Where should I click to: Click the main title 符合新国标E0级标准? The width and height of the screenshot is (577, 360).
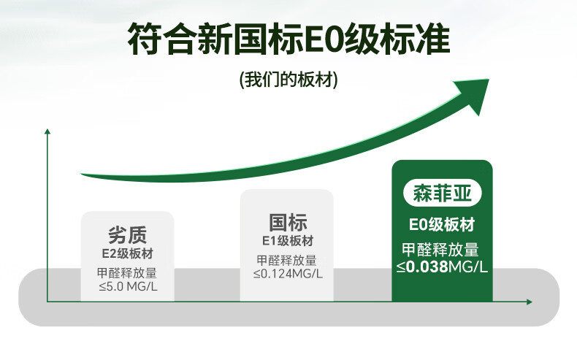(x=289, y=39)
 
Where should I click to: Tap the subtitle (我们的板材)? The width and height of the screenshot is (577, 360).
(x=288, y=80)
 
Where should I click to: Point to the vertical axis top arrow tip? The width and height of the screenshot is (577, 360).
(x=47, y=129)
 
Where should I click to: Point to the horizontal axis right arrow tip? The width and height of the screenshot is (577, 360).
(x=532, y=302)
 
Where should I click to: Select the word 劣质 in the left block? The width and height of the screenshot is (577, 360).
(x=127, y=235)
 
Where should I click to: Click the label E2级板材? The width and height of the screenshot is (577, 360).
(x=127, y=253)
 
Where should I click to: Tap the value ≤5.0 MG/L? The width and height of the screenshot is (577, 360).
(x=128, y=286)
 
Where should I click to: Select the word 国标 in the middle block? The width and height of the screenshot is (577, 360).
(x=287, y=223)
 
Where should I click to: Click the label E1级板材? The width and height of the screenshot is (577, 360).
(x=287, y=241)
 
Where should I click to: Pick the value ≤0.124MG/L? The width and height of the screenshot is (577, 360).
(x=288, y=274)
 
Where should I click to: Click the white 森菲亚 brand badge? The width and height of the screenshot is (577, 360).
(x=442, y=193)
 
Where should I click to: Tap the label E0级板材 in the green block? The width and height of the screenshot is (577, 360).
(x=442, y=224)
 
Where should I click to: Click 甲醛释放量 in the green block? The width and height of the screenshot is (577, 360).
(x=440, y=249)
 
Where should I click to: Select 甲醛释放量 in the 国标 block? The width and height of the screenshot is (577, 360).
(x=286, y=261)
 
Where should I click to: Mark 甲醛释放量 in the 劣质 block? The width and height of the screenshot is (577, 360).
(x=127, y=273)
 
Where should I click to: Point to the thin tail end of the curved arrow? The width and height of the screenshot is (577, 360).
(x=81, y=174)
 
